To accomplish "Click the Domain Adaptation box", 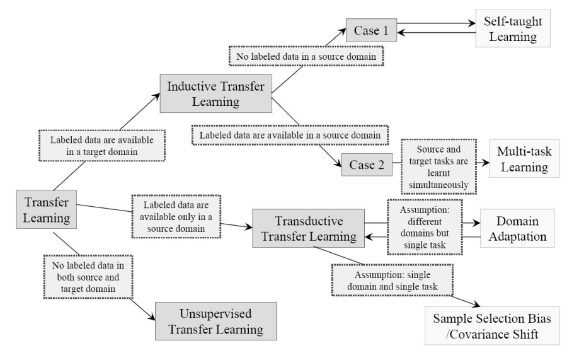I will (x=521, y=231).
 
